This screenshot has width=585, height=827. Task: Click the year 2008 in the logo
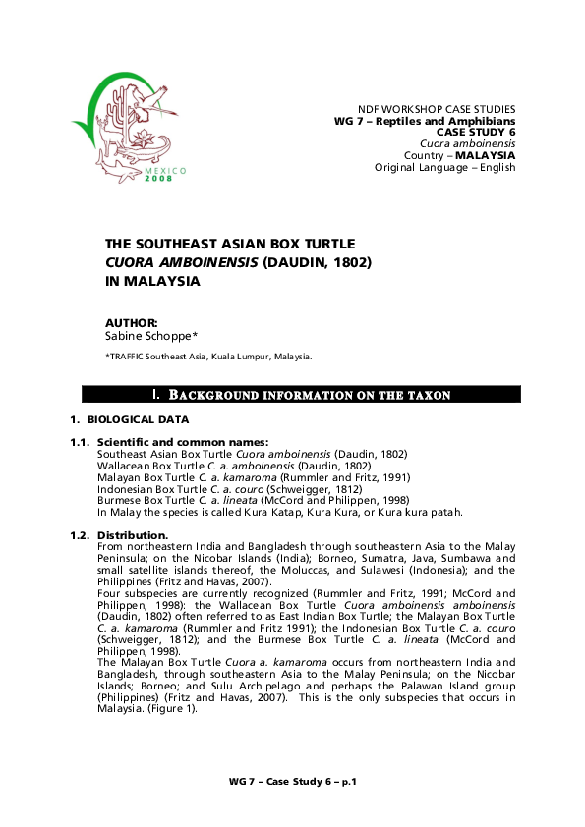(x=157, y=178)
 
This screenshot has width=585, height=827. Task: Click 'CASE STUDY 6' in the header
(x=476, y=132)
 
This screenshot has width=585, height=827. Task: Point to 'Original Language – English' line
(x=444, y=167)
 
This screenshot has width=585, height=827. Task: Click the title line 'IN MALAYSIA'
(x=152, y=281)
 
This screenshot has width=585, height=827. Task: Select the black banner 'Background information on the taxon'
(x=301, y=395)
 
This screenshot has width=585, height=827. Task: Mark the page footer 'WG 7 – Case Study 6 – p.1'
(x=292, y=781)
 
